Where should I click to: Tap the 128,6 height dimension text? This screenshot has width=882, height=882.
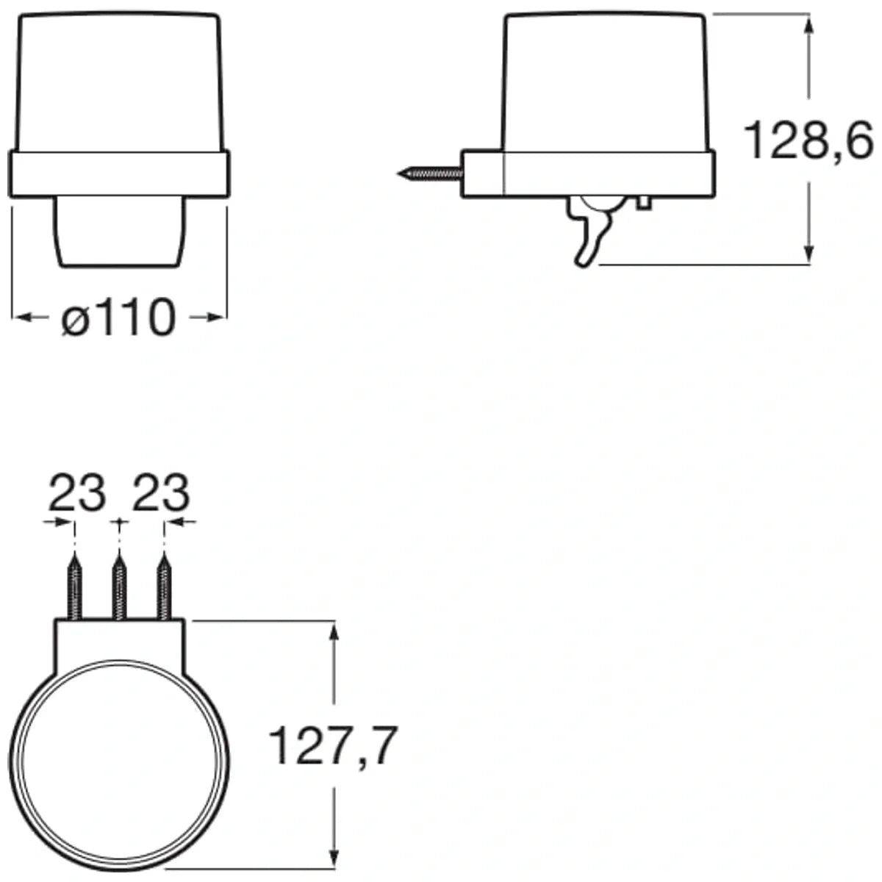pyautogui.click(x=808, y=140)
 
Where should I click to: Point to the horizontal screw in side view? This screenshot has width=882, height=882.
pyautogui.click(x=430, y=173)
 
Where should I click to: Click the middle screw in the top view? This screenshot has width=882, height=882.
pyautogui.click(x=119, y=587)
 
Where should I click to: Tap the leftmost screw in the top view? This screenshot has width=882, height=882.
pyautogui.click(x=75, y=587)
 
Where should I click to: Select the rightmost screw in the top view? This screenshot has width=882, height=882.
pyautogui.click(x=165, y=587)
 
